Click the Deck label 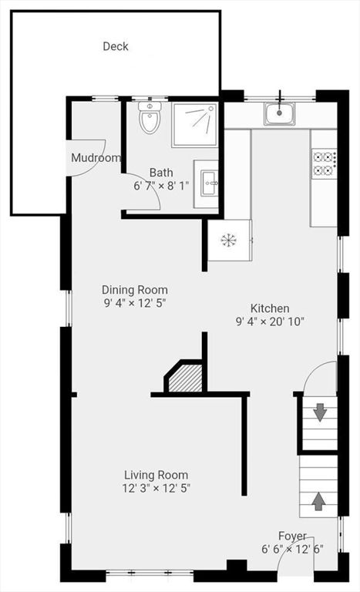(116, 46)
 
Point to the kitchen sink (280, 114)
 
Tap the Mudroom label (96, 158)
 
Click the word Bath (161, 173)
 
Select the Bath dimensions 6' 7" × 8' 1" (161, 186)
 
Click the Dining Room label (135, 290)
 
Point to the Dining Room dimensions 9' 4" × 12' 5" (135, 303)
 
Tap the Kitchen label (270, 308)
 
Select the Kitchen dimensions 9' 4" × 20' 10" (270, 321)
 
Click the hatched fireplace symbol (186, 380)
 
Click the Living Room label (156, 475)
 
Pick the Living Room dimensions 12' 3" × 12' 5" (156, 488)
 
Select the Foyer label (292, 536)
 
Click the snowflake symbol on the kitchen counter (228, 240)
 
